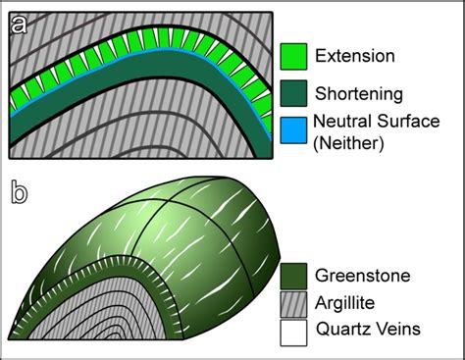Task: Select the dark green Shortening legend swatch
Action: click(x=294, y=93)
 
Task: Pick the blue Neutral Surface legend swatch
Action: click(x=294, y=129)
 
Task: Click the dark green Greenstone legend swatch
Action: click(x=294, y=273)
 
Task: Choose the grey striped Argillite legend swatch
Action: click(x=294, y=302)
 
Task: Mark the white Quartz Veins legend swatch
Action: click(x=294, y=331)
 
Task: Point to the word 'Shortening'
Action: click(x=360, y=93)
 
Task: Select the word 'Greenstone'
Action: click(x=364, y=274)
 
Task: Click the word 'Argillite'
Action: click(x=348, y=302)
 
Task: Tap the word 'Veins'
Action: click(x=399, y=332)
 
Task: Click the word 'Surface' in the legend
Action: click(x=411, y=122)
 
